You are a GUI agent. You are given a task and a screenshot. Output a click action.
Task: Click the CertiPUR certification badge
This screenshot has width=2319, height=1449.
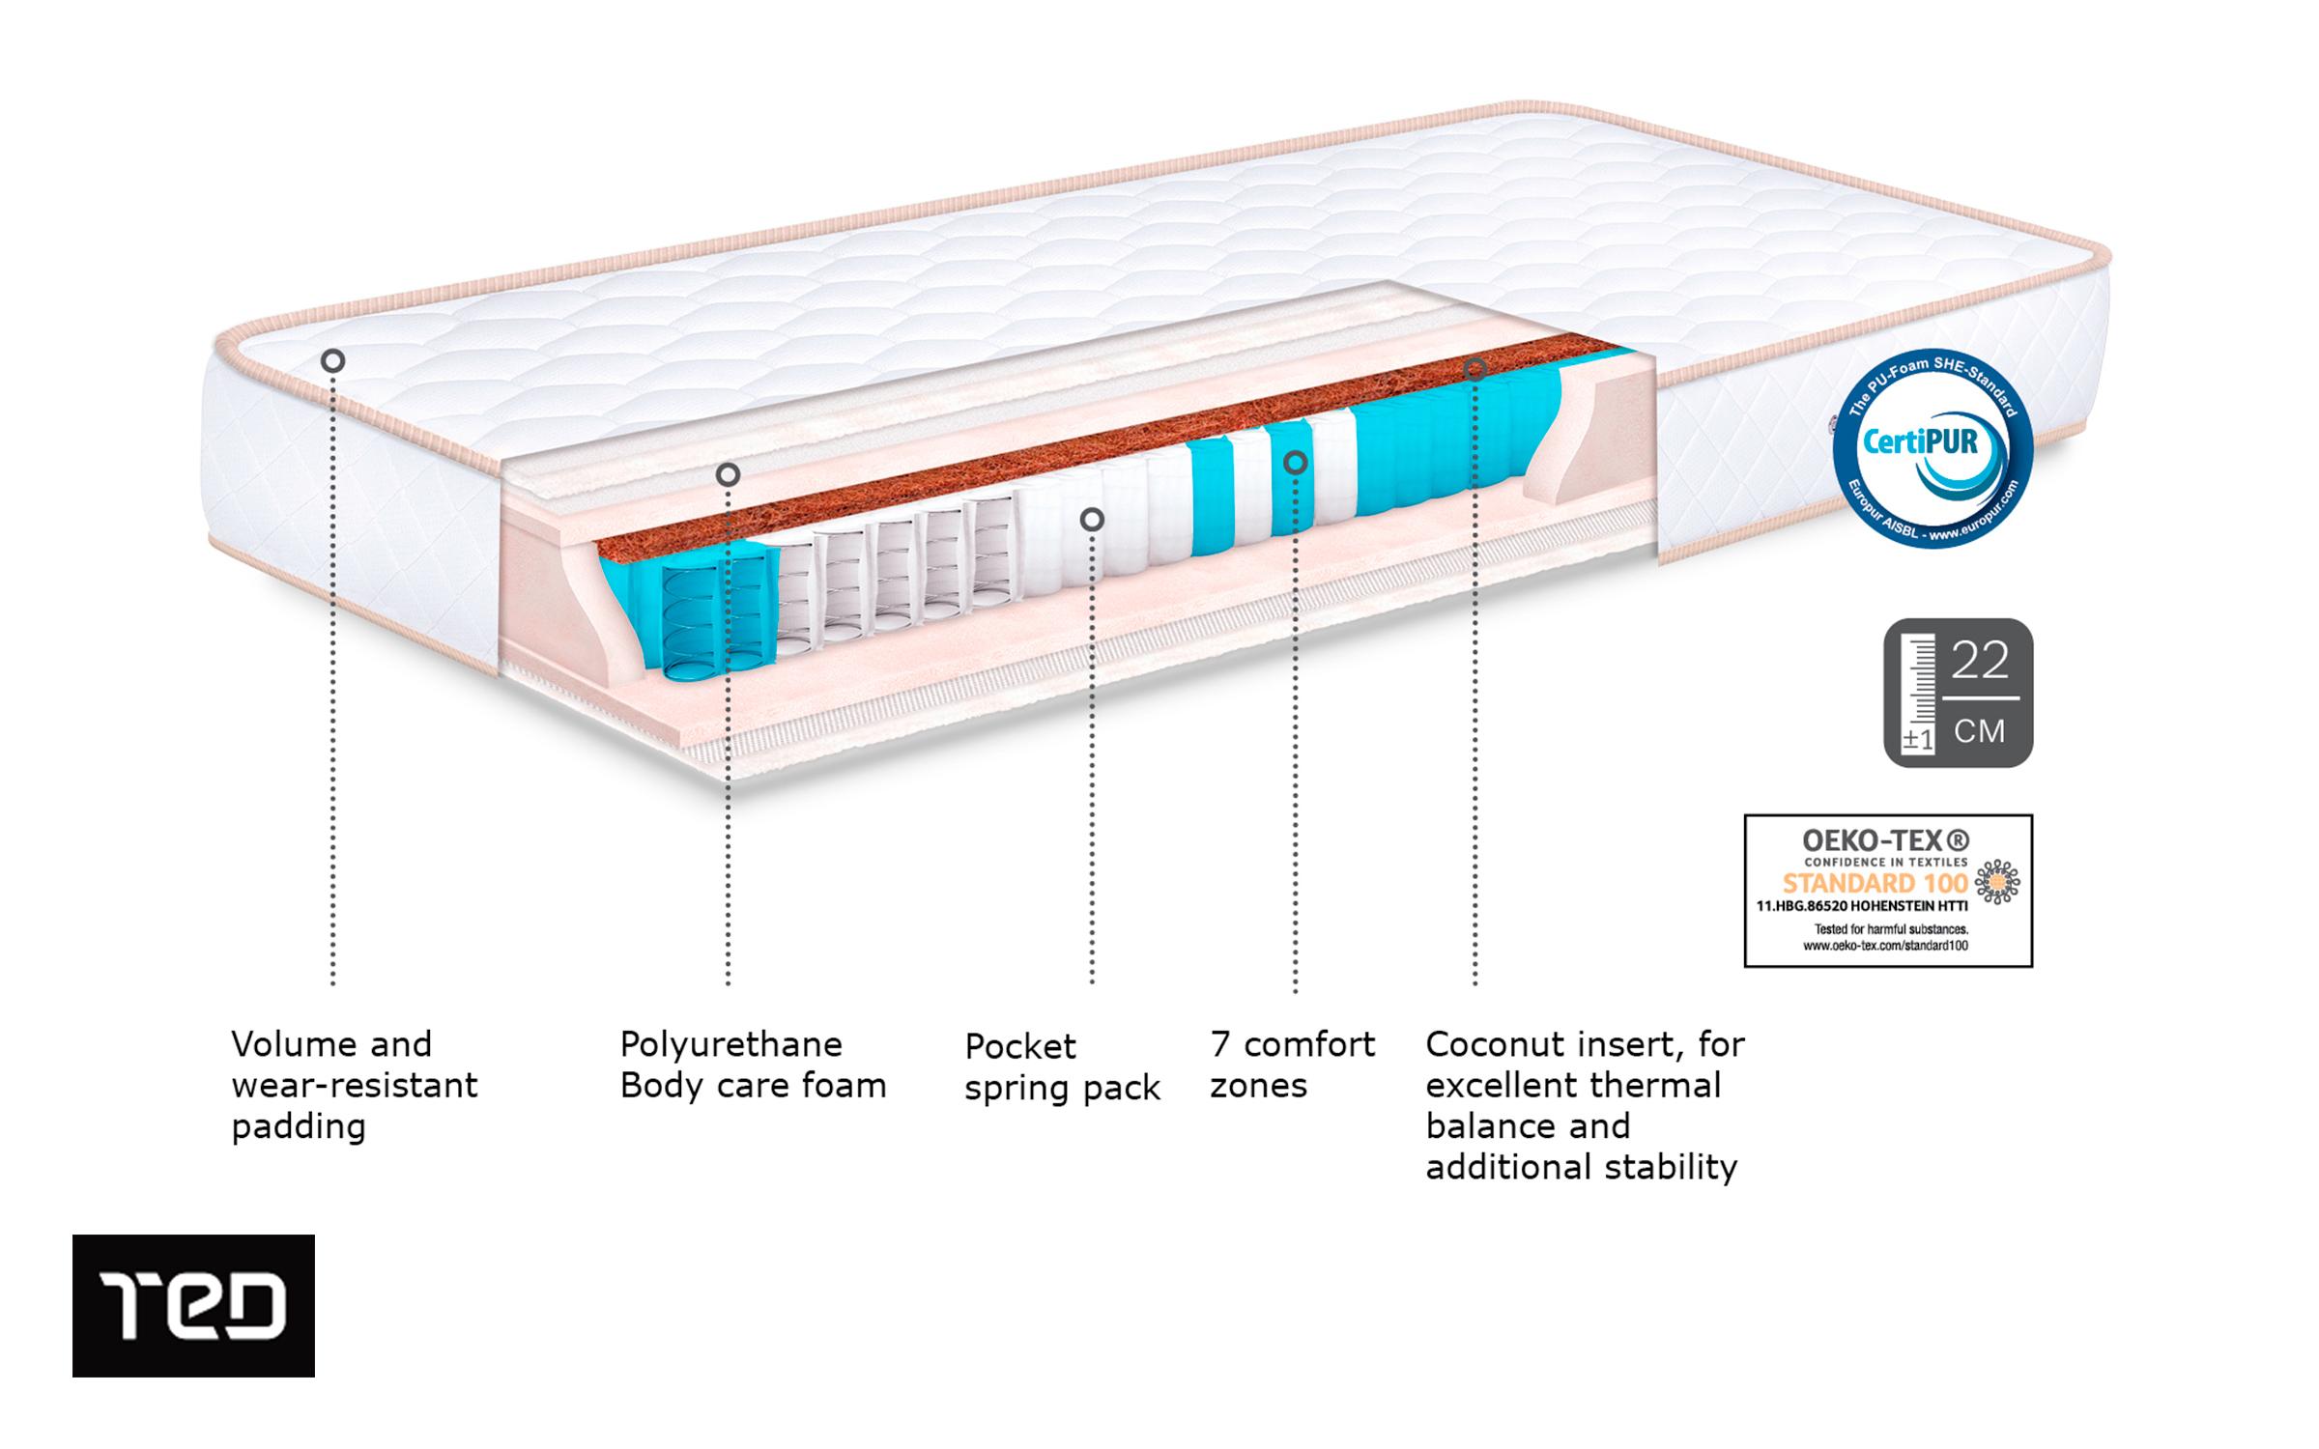tap(1932, 449)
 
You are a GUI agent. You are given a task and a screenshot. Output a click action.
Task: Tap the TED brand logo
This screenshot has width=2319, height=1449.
tap(193, 1305)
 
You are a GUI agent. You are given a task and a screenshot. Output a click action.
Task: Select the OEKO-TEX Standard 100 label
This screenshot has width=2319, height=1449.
tap(1887, 890)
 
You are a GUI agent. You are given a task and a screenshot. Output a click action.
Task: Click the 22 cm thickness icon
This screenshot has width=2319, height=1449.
tap(1958, 693)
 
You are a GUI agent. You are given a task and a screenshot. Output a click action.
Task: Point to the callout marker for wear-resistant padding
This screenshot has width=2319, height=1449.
tap(332, 361)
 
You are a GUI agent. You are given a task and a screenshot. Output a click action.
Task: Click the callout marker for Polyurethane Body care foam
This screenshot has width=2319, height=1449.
tap(728, 474)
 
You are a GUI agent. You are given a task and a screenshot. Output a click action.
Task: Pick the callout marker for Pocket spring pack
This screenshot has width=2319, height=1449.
tap(1092, 520)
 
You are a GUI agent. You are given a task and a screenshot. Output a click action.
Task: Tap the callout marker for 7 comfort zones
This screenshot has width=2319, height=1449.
tap(1295, 463)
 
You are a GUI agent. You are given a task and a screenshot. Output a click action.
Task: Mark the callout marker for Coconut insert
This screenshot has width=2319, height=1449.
tap(1474, 368)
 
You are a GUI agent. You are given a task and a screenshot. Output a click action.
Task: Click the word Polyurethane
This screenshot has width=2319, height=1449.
tap(730, 1044)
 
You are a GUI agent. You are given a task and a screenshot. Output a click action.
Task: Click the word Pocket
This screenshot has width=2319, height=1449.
tap(1019, 1046)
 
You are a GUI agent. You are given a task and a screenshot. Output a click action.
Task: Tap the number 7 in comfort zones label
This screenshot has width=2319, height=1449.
tap(1219, 1044)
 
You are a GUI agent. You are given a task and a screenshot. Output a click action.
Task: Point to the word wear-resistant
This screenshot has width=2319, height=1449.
tap(355, 1086)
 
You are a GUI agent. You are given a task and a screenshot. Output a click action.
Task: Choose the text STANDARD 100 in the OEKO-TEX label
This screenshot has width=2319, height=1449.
tap(1875, 883)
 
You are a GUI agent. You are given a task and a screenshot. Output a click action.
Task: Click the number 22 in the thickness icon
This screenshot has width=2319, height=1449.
tap(1980, 661)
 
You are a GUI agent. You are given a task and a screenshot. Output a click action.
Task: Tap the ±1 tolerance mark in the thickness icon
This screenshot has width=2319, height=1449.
tap(1917, 740)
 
